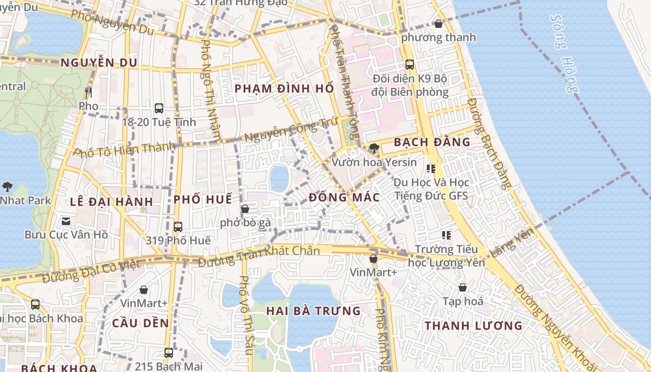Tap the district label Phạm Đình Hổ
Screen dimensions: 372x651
click(284, 88)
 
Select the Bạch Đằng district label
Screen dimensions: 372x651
click(432, 142)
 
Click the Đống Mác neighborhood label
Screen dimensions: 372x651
click(344, 197)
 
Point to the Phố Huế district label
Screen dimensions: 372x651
click(202, 199)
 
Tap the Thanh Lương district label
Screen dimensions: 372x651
click(473, 325)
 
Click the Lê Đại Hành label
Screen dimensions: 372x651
click(112, 201)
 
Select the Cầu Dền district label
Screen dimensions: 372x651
click(140, 323)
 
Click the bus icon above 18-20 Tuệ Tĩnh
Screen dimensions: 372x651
click(159, 108)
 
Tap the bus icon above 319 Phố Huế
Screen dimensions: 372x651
click(178, 227)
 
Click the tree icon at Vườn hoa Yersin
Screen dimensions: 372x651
click(374, 148)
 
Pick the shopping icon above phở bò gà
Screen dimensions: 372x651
click(245, 209)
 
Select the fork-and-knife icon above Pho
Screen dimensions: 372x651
click(88, 93)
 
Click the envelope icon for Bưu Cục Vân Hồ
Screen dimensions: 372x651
click(66, 221)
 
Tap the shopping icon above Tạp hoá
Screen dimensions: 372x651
click(463, 287)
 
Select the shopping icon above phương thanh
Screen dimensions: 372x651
click(438, 24)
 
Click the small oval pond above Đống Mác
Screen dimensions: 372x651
click(279, 178)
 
